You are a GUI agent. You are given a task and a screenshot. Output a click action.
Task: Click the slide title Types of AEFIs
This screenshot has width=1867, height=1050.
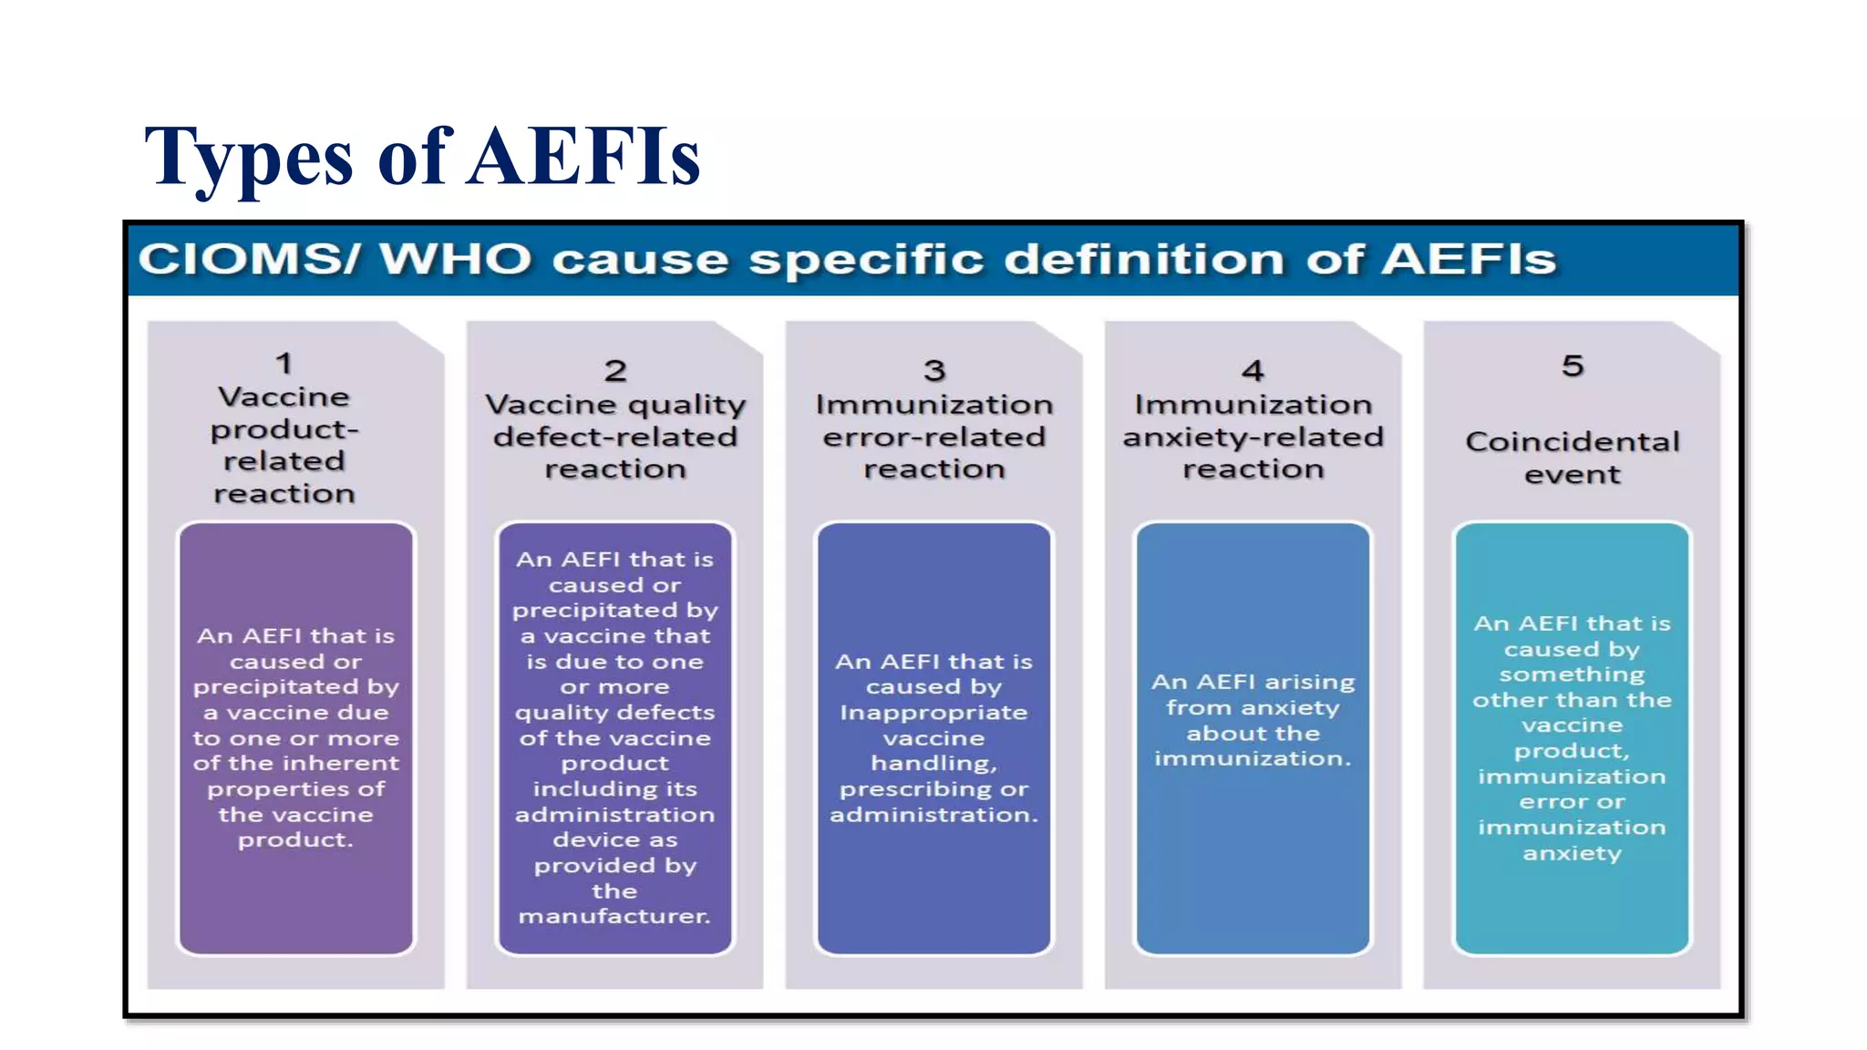(421, 157)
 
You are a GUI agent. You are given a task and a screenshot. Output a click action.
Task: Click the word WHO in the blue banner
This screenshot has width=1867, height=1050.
(455, 260)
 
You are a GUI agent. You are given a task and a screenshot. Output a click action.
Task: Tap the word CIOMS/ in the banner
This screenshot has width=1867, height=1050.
(249, 260)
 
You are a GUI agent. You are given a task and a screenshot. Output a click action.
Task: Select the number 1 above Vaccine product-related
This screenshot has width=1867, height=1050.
(284, 364)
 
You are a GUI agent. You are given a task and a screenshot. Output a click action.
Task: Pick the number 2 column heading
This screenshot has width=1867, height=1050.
(615, 371)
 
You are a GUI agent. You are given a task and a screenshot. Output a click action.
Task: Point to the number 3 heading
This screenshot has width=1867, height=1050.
(933, 371)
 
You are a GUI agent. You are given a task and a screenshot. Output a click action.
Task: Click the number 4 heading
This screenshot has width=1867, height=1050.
(1253, 371)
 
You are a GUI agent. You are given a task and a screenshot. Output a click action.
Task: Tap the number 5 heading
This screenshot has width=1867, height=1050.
(1572, 366)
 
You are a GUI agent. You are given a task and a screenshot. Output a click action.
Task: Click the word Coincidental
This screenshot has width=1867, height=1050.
(1572, 442)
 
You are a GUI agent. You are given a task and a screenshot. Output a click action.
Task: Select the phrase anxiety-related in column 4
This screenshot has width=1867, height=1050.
(1253, 437)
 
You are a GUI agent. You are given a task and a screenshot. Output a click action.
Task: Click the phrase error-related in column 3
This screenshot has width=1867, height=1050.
(933, 437)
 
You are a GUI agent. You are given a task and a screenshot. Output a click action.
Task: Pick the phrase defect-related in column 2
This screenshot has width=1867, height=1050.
(615, 437)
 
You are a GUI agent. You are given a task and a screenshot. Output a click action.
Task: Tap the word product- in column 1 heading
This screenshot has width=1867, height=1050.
(284, 429)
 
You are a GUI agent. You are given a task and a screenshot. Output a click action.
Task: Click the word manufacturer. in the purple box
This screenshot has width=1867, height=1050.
(614, 916)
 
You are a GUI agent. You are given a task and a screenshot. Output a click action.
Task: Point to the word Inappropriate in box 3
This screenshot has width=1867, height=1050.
(933, 713)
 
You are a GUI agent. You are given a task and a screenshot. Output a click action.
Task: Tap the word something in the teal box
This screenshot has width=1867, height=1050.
(1572, 674)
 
